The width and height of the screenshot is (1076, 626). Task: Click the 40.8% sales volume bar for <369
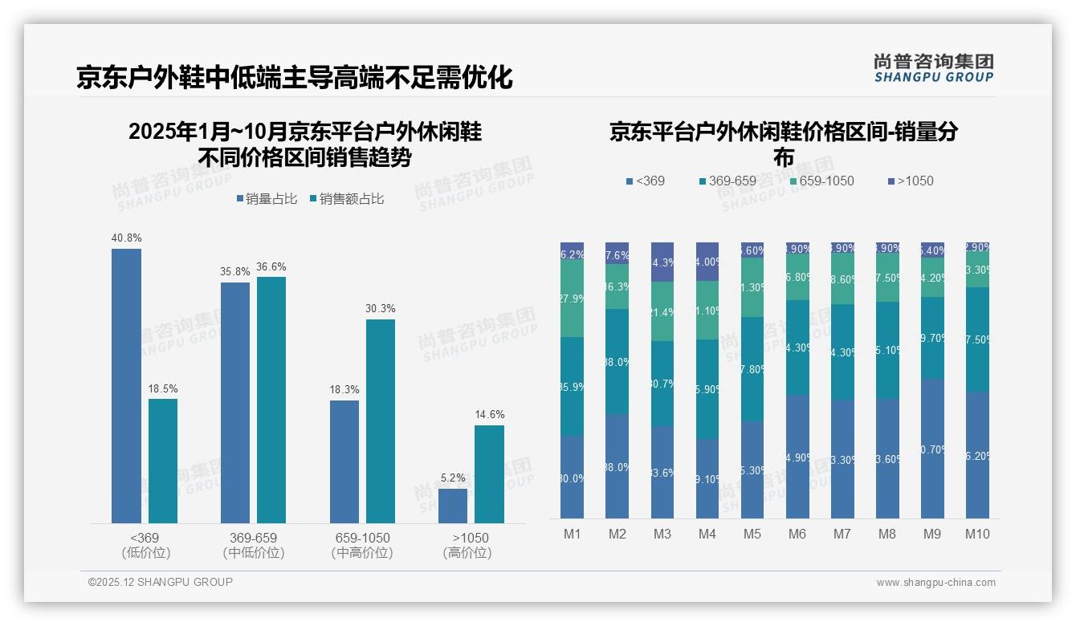coord(126,386)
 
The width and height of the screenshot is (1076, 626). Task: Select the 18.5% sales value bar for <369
coord(163,461)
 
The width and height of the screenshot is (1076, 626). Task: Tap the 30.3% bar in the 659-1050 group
coord(381,421)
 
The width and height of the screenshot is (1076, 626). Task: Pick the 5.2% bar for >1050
coord(453,506)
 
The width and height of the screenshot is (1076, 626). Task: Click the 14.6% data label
coord(489,415)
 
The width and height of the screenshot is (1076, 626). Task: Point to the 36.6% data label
coord(271,266)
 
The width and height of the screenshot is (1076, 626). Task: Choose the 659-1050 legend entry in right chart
coord(821,181)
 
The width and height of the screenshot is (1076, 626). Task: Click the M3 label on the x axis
coord(662,534)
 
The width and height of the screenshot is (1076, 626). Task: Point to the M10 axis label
coord(976,534)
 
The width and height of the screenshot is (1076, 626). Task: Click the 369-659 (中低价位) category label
coord(254,545)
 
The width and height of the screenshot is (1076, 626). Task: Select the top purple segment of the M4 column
coord(707,262)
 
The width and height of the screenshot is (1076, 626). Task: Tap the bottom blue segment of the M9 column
coord(932,449)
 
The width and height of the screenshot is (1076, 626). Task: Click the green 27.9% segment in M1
coord(572,298)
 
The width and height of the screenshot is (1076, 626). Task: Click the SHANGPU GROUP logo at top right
coord(933,67)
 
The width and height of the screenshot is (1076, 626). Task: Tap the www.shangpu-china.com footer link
coord(935,583)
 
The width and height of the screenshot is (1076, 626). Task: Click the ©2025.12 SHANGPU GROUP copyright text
coord(161,582)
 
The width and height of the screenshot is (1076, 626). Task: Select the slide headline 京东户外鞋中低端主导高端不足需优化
coord(294,78)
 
